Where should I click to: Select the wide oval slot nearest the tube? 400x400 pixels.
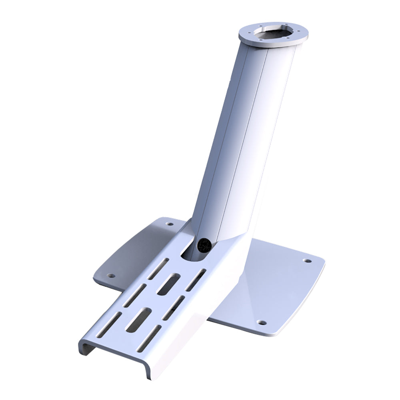coord(168,284)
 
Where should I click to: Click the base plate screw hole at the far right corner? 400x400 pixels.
coord(307,261)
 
